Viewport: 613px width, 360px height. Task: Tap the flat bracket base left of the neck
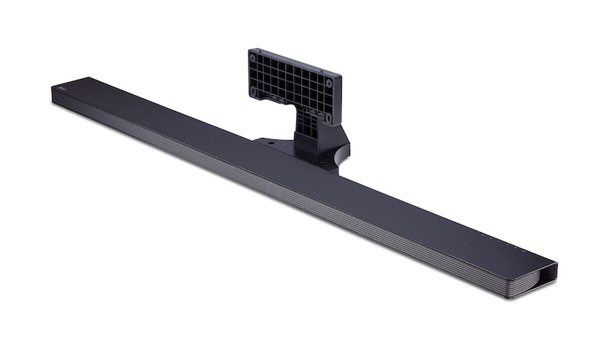276,144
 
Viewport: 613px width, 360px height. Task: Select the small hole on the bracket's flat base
270,142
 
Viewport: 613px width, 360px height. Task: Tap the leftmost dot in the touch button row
475,234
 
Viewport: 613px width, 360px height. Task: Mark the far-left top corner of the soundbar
52,87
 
